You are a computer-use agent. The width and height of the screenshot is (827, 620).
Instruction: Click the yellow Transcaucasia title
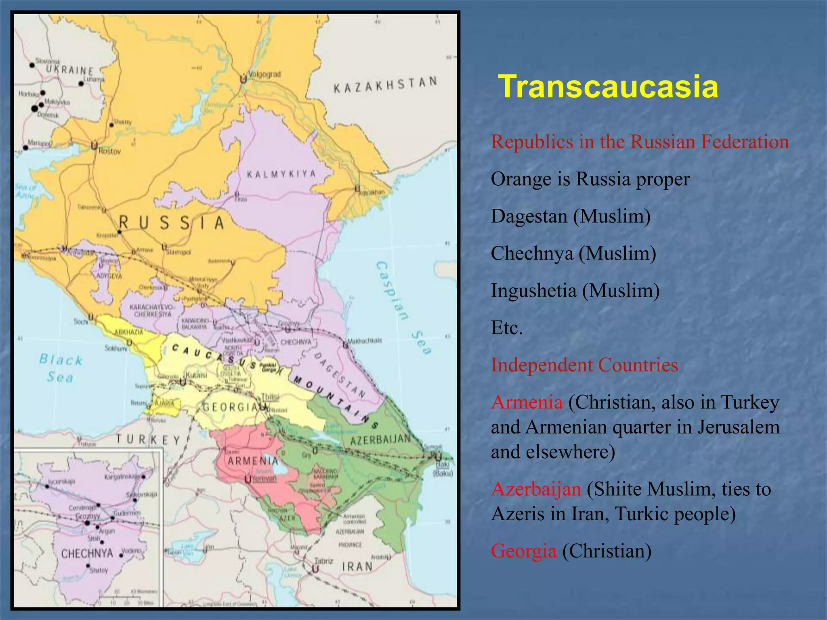(608, 87)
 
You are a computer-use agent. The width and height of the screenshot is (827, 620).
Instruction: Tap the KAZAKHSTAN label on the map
(385, 85)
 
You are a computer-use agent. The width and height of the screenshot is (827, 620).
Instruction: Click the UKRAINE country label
(69, 70)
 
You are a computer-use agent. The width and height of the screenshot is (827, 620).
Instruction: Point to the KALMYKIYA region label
(281, 174)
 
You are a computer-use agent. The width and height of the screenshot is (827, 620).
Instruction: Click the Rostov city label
(109, 151)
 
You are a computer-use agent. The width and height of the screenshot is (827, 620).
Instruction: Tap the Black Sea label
(61, 368)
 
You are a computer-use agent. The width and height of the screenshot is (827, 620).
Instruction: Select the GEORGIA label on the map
(229, 407)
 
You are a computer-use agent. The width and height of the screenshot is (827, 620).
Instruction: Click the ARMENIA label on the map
(253, 461)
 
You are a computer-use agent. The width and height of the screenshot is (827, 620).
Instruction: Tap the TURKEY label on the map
(148, 440)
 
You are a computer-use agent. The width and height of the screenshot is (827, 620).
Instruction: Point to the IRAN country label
(357, 567)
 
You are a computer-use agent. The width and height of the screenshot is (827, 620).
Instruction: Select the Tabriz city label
(324, 561)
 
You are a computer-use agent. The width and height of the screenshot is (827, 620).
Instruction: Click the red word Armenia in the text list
(527, 402)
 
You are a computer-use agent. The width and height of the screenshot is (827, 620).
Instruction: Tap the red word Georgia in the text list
(523, 551)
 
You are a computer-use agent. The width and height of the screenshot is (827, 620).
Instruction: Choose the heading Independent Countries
(584, 365)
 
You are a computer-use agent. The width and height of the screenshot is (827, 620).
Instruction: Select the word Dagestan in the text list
(529, 216)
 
